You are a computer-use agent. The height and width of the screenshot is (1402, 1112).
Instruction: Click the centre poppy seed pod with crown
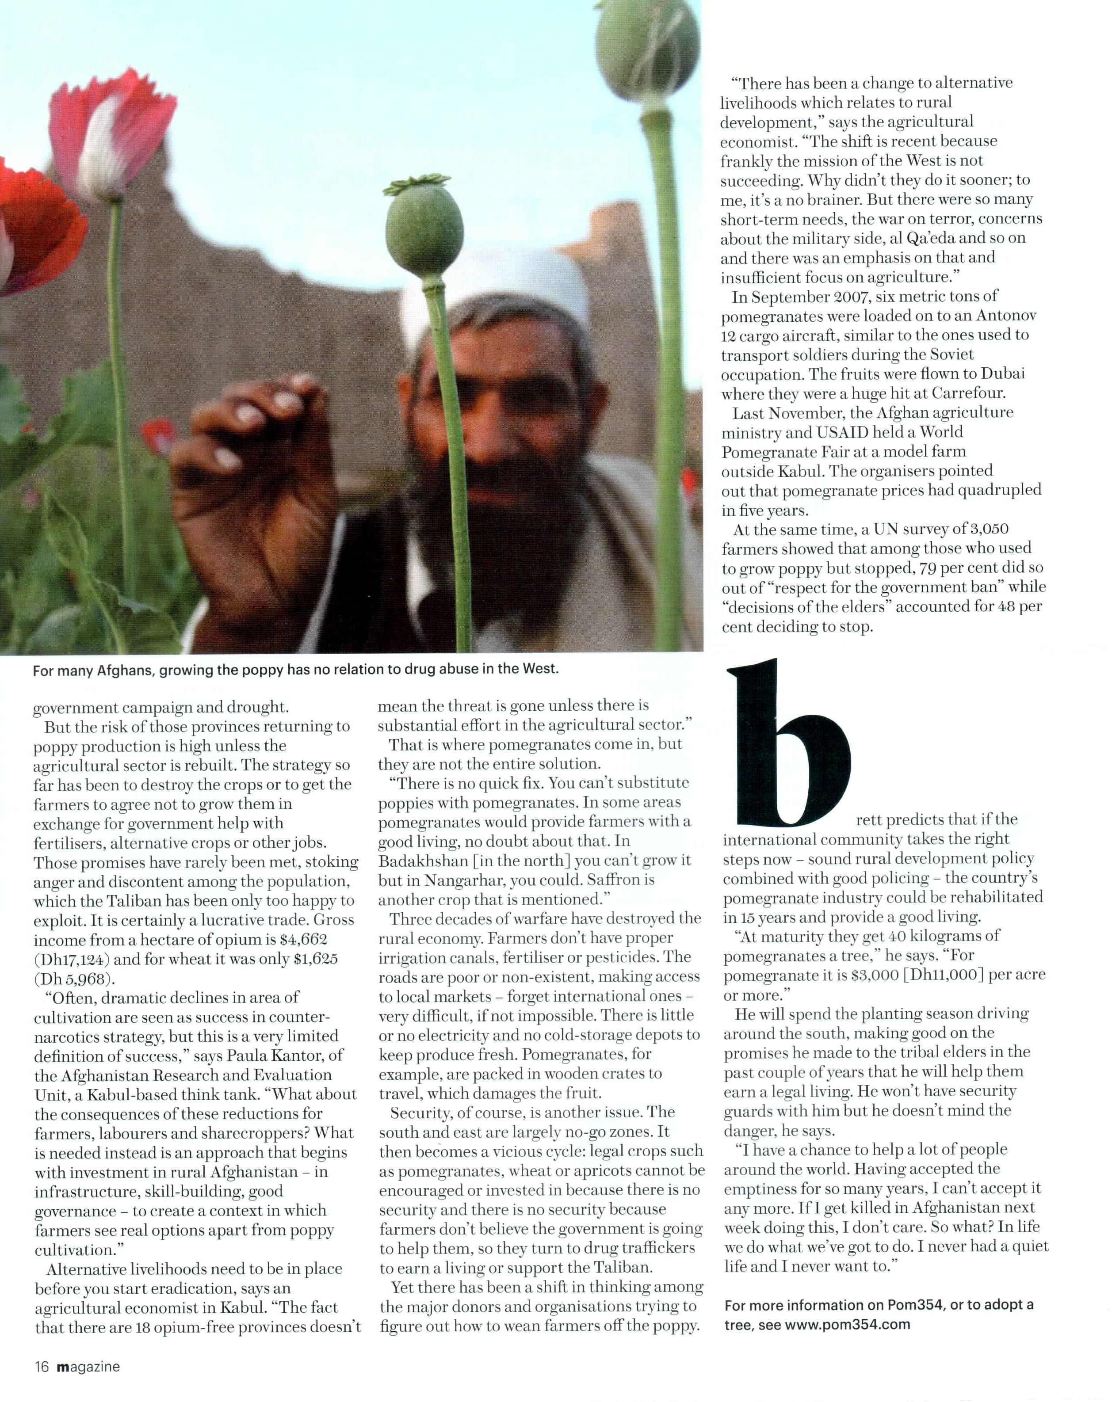click(424, 218)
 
